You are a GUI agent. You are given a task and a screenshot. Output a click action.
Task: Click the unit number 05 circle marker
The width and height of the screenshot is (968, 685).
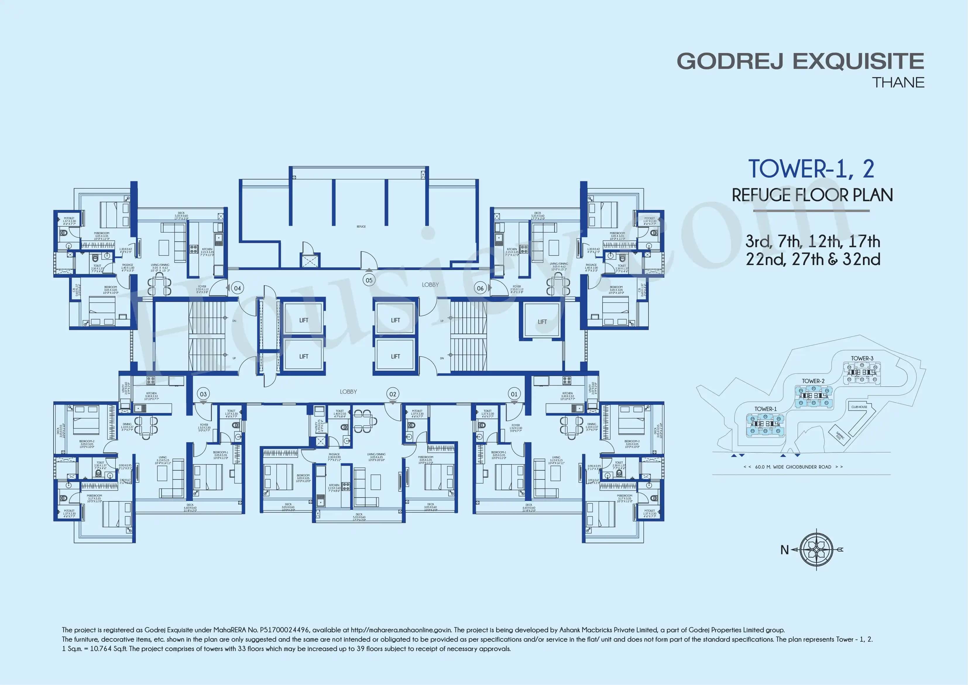369,280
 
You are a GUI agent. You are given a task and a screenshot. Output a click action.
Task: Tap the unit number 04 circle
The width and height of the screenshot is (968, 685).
237,288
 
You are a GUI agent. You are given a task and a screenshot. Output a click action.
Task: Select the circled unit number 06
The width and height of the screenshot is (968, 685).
480,288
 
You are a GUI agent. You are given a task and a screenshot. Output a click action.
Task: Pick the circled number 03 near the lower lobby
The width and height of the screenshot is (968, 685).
203,394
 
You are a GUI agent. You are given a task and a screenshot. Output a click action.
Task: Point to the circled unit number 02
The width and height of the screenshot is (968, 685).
392,394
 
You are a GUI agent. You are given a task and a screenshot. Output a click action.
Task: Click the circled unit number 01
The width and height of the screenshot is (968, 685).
514,394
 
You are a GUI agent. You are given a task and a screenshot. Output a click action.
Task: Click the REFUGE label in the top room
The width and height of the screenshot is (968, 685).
361,227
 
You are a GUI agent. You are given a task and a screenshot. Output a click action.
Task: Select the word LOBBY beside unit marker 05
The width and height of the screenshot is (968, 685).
430,285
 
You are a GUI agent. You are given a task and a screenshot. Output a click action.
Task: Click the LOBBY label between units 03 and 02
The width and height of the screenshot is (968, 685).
348,392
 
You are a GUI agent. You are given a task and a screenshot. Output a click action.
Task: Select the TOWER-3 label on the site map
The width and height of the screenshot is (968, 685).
862,358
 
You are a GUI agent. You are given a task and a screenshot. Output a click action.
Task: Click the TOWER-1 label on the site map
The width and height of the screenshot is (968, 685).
765,409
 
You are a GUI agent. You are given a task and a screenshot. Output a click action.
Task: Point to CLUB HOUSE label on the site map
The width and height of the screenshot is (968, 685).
859,407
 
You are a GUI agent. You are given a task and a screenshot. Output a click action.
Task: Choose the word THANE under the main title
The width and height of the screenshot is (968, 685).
898,82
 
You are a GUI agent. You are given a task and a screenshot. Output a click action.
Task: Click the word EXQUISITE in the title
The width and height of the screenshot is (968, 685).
858,61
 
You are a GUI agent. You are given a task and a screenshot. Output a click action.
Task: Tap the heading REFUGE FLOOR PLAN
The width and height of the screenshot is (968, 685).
812,195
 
